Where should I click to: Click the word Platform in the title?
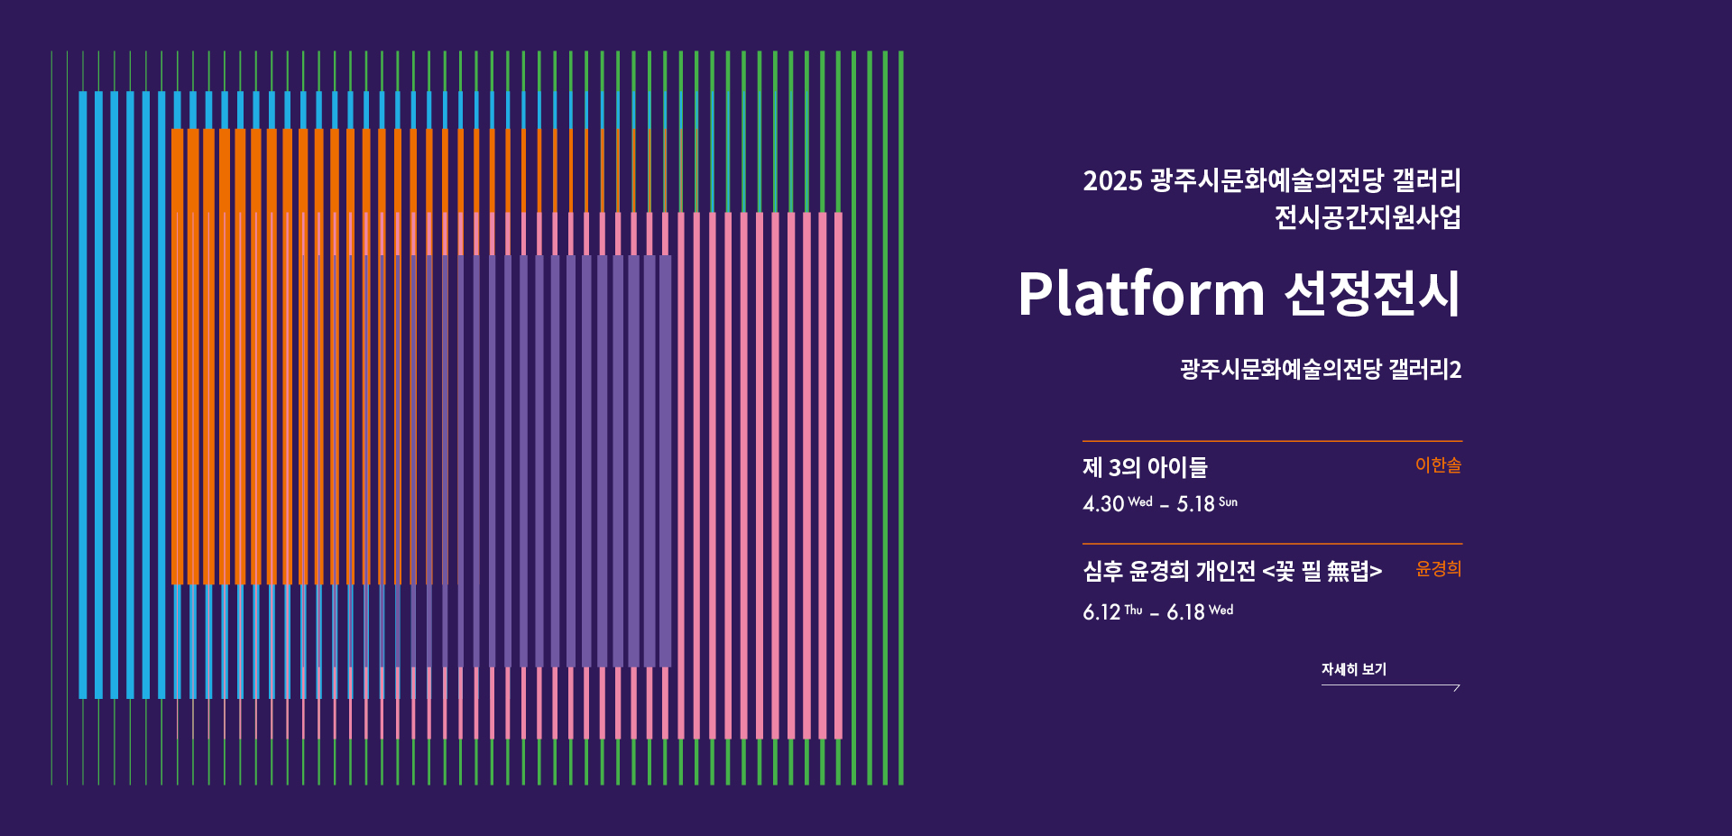[x=1141, y=295]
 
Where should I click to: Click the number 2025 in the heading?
[x=1113, y=181]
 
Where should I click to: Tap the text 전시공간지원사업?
[x=1368, y=217]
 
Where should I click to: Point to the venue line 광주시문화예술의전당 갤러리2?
[x=1321, y=369]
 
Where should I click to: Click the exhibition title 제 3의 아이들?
[x=1145, y=467]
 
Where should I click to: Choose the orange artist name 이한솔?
[x=1438, y=465]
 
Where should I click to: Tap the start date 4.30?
[x=1103, y=504]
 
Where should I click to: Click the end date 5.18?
[x=1195, y=504]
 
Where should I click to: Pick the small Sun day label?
[x=1228, y=502]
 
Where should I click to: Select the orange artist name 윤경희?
[x=1438, y=569]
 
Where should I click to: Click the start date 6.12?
[x=1101, y=612]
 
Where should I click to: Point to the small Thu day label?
[x=1133, y=611]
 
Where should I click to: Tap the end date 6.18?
[x=1185, y=612]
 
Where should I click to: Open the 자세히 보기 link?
[x=1354, y=669]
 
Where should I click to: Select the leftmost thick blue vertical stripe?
[x=83, y=395]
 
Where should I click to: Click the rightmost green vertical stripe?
[x=900, y=418]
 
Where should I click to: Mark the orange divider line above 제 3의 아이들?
[x=1272, y=441]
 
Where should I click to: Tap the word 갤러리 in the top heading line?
[x=1426, y=181]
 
